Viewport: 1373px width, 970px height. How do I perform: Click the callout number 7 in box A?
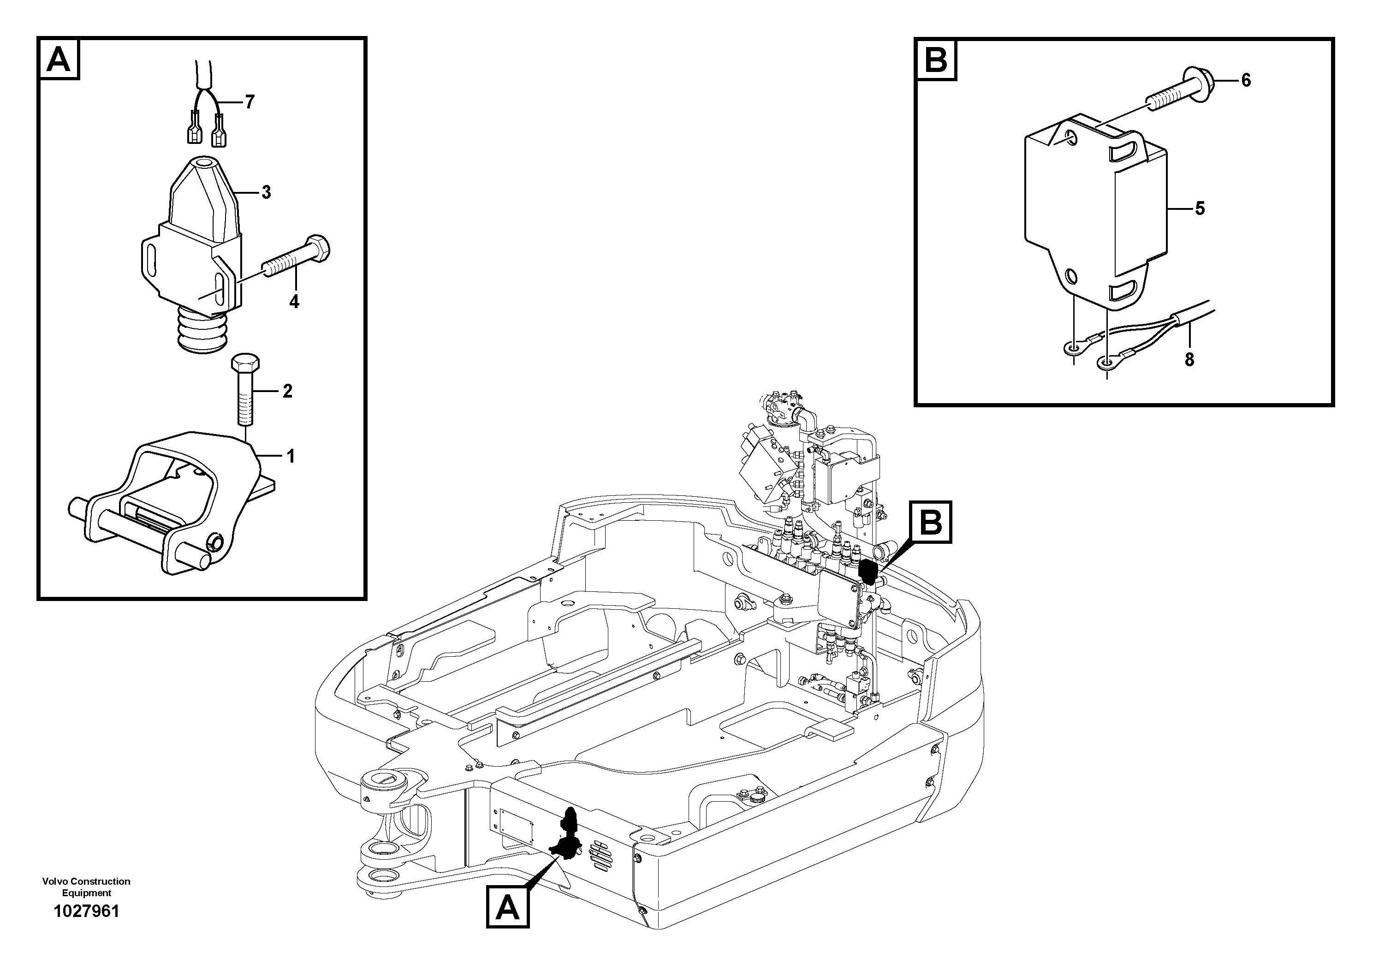tap(250, 102)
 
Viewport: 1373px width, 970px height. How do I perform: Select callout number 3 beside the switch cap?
tap(266, 192)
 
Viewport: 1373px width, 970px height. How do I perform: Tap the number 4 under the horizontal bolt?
tap(294, 302)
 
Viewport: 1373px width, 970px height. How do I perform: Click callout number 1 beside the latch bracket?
tap(290, 457)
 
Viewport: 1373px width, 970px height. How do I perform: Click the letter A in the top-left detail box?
tap(59, 59)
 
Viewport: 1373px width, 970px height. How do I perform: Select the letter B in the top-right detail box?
tap(936, 60)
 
